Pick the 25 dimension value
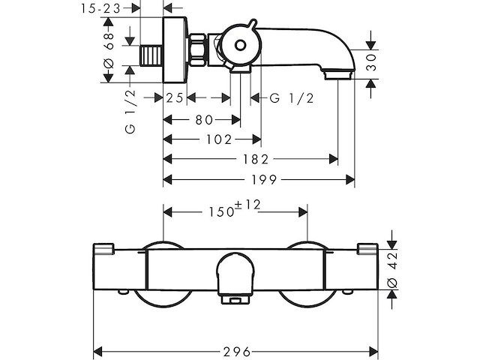coord(175,98)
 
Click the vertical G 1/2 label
coord(130,112)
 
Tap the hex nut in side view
coord(199,49)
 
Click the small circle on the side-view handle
coord(240,45)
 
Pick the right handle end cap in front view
coord(368,250)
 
